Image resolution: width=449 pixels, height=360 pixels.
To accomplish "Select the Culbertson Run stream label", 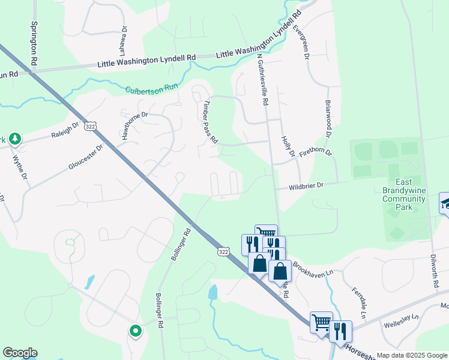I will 152,89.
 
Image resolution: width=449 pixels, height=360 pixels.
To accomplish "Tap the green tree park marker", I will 15,140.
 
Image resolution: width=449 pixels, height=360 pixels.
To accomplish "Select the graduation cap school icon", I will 445,203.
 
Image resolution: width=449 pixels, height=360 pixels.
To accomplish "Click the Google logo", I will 20,353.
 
